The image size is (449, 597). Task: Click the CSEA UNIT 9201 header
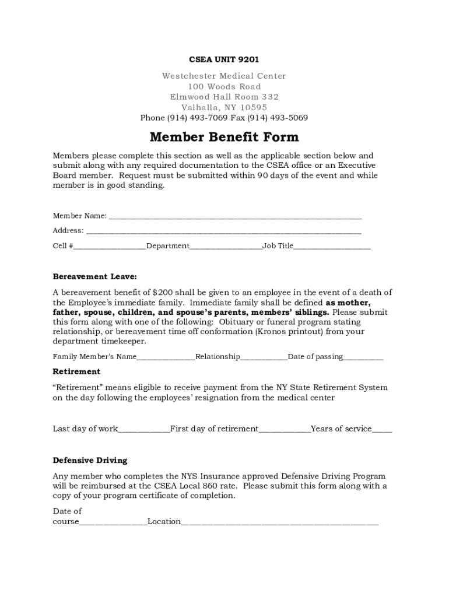pyautogui.click(x=224, y=59)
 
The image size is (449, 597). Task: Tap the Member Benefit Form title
pyautogui.click(x=224, y=137)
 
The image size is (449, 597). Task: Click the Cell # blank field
pyautogui.click(x=110, y=247)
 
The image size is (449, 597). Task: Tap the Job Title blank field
pyautogui.click(x=332, y=247)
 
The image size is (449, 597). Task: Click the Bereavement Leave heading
pyautogui.click(x=94, y=276)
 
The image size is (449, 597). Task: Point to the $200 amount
pyautogui.click(x=162, y=293)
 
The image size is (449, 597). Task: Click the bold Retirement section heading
pyautogui.click(x=76, y=371)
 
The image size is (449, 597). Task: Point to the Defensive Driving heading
pyautogui.click(x=90, y=460)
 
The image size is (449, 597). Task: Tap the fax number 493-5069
pyautogui.click(x=289, y=118)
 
